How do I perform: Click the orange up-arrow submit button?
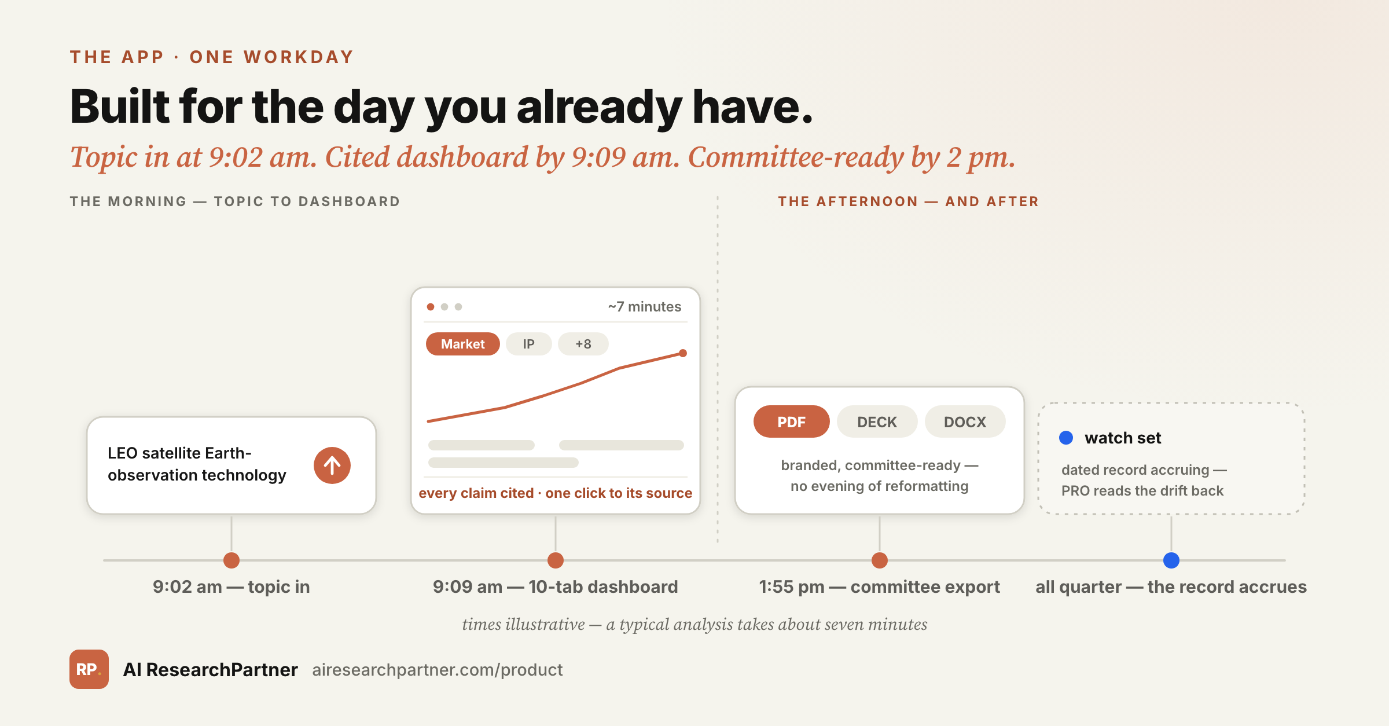point(332,465)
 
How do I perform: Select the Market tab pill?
point(463,344)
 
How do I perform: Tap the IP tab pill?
point(528,344)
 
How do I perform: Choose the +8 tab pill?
point(583,344)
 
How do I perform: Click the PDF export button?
point(791,421)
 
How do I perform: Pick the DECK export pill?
point(877,421)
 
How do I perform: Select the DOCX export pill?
point(965,421)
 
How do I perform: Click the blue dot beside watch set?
point(1066,438)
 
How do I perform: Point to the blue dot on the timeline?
point(1171,560)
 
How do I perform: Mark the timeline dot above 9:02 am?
point(231,560)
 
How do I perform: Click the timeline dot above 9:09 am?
point(556,560)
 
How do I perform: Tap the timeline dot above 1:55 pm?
point(880,560)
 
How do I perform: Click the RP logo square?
point(89,669)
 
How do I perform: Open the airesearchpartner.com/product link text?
point(438,670)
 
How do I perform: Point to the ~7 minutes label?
point(645,306)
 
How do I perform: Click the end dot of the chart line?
point(683,353)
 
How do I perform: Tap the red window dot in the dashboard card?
point(431,307)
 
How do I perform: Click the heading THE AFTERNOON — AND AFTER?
point(909,201)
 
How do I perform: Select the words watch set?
point(1123,438)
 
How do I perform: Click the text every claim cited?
point(476,493)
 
